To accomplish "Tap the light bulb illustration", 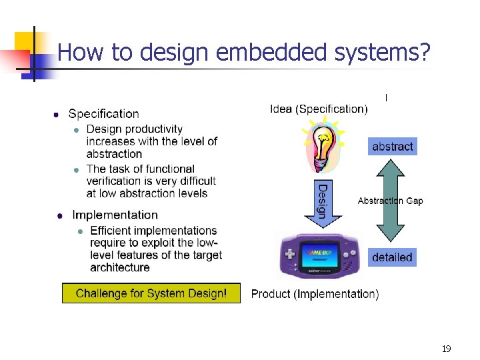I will click(322, 146).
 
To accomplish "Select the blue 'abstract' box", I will click(392, 147).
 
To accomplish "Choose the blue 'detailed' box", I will click(392, 257).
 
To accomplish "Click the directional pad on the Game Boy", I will click(291, 255).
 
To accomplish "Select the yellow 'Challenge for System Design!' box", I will click(151, 293).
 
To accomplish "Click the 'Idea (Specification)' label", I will click(318, 109).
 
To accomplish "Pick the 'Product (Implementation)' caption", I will click(315, 294).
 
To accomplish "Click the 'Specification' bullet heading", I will click(103, 114).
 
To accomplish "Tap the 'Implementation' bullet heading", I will click(115, 215).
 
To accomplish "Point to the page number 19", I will click(446, 349).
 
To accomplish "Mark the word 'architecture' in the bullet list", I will click(120, 267).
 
